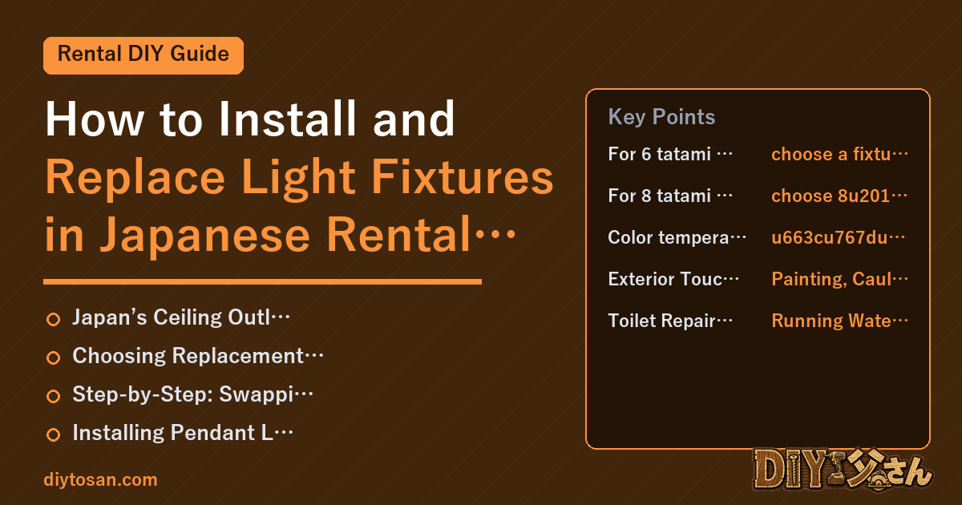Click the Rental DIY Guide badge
(143, 55)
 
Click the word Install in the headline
(288, 119)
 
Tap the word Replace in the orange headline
(135, 178)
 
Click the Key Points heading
(661, 117)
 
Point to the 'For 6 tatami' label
(670, 154)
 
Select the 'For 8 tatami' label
(670, 196)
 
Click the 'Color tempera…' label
(677, 237)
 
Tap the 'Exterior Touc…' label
(673, 279)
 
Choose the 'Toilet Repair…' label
(670, 321)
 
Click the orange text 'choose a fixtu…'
(839, 154)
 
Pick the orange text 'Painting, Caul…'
(839, 279)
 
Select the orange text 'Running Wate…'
(839, 321)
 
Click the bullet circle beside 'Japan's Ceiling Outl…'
(53, 320)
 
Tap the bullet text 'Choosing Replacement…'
(198, 356)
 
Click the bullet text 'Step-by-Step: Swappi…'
(193, 394)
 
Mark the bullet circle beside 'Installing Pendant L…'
(53, 434)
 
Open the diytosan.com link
(100, 479)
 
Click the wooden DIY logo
(843, 469)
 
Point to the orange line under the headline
(262, 281)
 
